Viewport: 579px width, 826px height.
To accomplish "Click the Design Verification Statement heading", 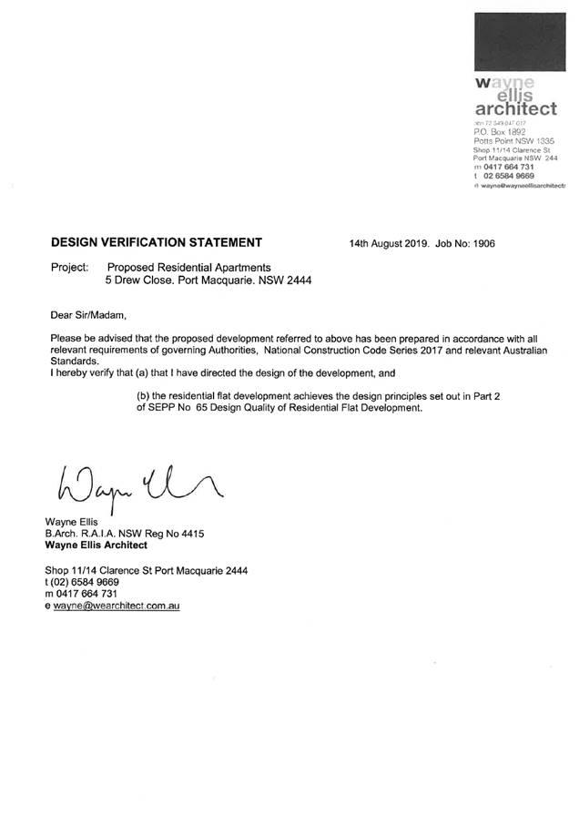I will click(157, 242).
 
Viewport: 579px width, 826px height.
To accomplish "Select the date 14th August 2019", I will click(389, 243).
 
